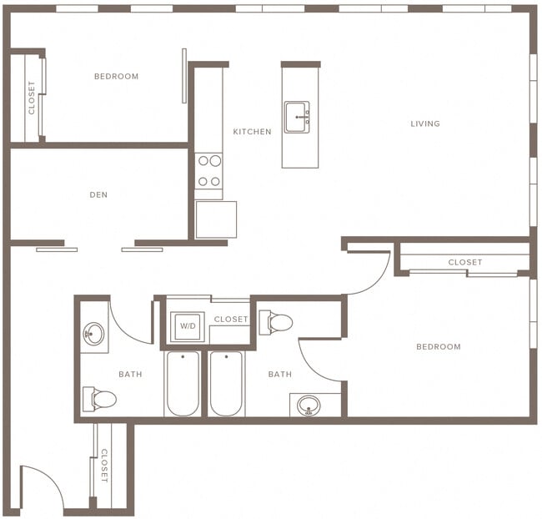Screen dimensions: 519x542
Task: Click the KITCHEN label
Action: (252, 132)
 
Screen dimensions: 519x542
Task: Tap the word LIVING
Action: (424, 123)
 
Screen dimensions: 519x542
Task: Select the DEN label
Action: (98, 195)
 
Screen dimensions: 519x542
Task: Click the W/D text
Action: (188, 325)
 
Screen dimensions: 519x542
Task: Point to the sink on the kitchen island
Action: (297, 118)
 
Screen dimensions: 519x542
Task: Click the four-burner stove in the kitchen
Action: (209, 171)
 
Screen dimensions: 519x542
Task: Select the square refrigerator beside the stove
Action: (216, 219)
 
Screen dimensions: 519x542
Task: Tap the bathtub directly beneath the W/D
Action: (183, 384)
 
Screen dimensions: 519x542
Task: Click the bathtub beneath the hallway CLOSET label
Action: (226, 384)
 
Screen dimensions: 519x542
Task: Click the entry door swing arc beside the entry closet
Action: (42, 488)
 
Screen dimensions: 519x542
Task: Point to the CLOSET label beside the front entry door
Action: (104, 466)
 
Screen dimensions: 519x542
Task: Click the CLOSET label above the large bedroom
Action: (464, 262)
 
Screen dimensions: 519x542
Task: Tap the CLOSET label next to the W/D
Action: (230, 320)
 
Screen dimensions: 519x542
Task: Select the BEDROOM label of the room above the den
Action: (116, 77)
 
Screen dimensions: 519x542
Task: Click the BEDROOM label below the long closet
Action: (438, 346)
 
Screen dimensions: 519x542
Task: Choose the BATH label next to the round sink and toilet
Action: (130, 374)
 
